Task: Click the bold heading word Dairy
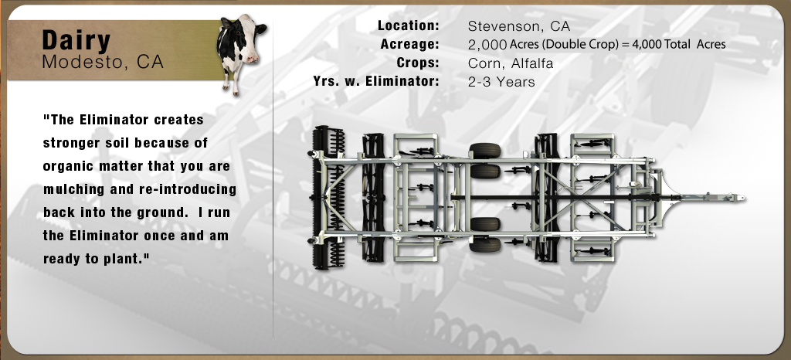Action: click(76, 41)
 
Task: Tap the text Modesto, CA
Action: click(103, 62)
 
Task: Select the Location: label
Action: click(409, 25)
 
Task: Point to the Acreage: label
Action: click(410, 44)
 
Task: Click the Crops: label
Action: click(418, 63)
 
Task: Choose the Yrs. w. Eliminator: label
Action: click(376, 81)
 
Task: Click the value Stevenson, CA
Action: click(519, 26)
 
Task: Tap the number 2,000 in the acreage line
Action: click(487, 45)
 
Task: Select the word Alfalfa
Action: click(532, 63)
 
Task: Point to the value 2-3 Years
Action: click(501, 82)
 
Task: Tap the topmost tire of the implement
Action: click(485, 150)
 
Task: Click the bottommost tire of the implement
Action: click(485, 245)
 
